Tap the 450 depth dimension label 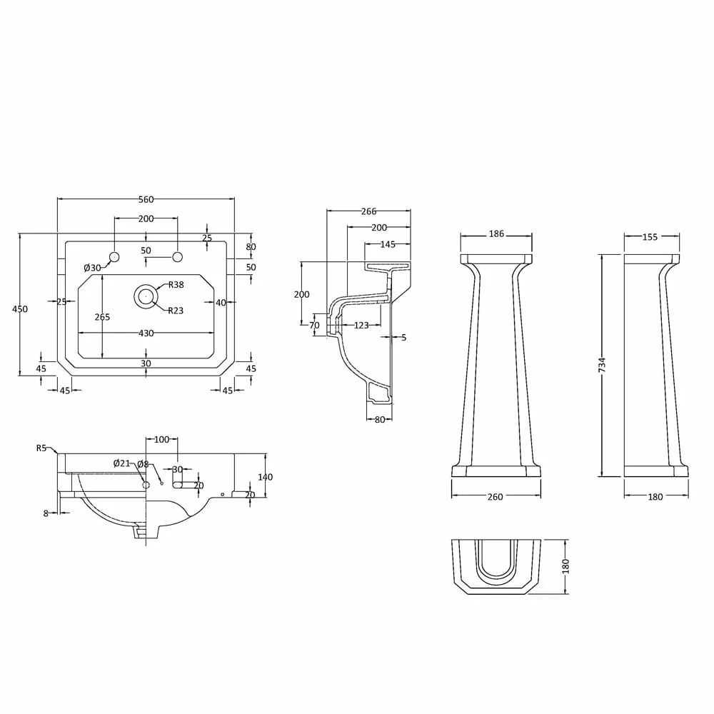pos(20,308)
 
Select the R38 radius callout pos(176,285)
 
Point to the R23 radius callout pos(176,310)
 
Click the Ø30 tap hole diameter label pos(92,268)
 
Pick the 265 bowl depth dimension pos(103,317)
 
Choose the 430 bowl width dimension pos(146,333)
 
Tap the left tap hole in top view pos(114,256)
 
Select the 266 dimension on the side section pos(368,211)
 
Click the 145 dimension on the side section pos(388,244)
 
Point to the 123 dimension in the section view pos(361,326)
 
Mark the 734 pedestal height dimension pos(602,365)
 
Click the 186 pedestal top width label pos(496,233)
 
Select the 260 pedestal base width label pos(495,497)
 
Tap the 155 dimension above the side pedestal pos(650,237)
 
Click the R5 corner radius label pos(41,448)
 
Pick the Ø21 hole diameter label pos(121,463)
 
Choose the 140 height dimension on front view pos(266,477)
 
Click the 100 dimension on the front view pos(161,439)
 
